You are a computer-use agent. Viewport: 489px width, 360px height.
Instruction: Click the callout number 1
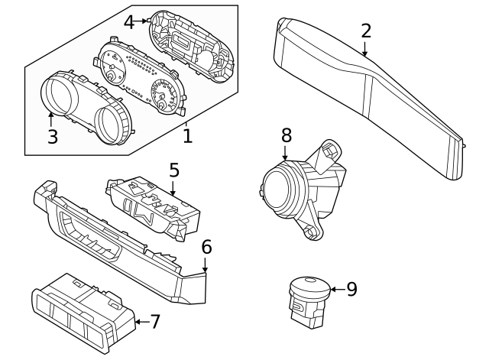tap(187, 136)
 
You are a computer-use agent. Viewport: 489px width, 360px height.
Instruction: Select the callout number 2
tap(367, 31)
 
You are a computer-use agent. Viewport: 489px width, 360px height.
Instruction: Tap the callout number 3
tap(53, 137)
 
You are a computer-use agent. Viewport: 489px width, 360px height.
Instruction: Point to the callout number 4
tap(129, 22)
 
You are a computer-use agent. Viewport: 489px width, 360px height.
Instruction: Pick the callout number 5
tap(174, 170)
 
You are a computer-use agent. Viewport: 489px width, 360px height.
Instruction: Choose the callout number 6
tap(207, 247)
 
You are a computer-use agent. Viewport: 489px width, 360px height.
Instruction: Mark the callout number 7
tap(155, 322)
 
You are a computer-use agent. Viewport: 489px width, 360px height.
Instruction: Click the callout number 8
tap(287, 135)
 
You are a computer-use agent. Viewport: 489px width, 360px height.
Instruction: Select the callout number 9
tap(351, 289)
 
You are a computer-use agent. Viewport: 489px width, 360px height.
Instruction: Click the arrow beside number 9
tap(338, 290)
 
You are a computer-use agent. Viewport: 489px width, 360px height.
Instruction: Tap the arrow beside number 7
tap(142, 322)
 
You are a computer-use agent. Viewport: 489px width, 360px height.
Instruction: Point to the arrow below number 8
tap(285, 152)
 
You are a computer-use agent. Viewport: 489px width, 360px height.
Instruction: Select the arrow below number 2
tap(364, 48)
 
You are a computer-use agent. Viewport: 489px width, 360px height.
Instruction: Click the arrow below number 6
tap(205, 264)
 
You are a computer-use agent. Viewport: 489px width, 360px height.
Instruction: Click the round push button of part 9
tap(309, 286)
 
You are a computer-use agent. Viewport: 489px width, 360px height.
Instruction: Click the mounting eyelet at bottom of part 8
tap(311, 231)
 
